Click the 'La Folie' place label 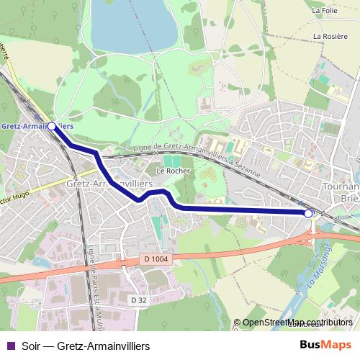[325, 11]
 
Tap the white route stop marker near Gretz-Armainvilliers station [51, 125]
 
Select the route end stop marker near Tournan [309, 213]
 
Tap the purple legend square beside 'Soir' [9, 346]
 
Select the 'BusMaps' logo [325, 345]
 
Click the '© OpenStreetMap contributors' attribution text [296, 323]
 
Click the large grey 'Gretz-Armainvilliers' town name [109, 184]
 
